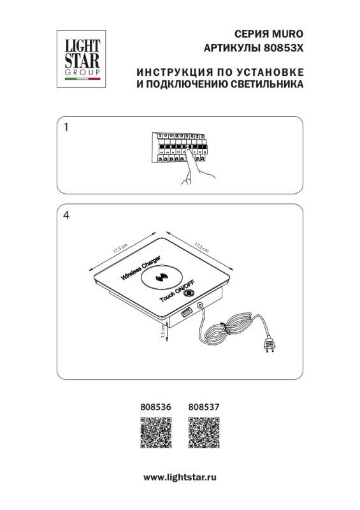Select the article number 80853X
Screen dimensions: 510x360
point(284,47)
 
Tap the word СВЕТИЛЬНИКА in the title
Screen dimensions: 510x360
point(268,83)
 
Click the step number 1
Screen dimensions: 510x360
point(67,127)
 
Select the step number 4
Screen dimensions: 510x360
point(67,215)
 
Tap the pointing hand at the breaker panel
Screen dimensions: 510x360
point(189,173)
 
